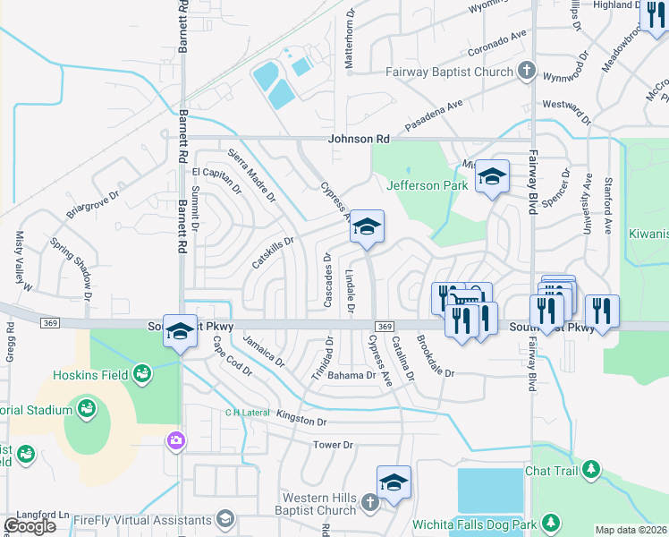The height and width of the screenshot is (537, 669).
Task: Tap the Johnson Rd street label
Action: pos(360,140)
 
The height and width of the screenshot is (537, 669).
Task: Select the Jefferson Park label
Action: pos(427,185)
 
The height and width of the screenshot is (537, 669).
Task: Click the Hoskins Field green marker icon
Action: pos(140,372)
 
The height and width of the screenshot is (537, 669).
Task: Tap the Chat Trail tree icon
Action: pos(590,469)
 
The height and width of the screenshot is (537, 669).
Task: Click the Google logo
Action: pos(30,526)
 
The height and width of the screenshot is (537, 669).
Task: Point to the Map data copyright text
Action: pos(631,530)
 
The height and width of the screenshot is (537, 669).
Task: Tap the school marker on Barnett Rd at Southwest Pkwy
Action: pos(180,332)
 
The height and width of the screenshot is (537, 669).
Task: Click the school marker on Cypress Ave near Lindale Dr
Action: pos(366,227)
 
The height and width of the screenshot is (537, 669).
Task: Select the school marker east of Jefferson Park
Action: pos(491,177)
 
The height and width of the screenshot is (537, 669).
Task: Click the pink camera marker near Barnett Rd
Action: pos(176,440)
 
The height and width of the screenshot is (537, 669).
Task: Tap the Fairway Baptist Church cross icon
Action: pos(527,71)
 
